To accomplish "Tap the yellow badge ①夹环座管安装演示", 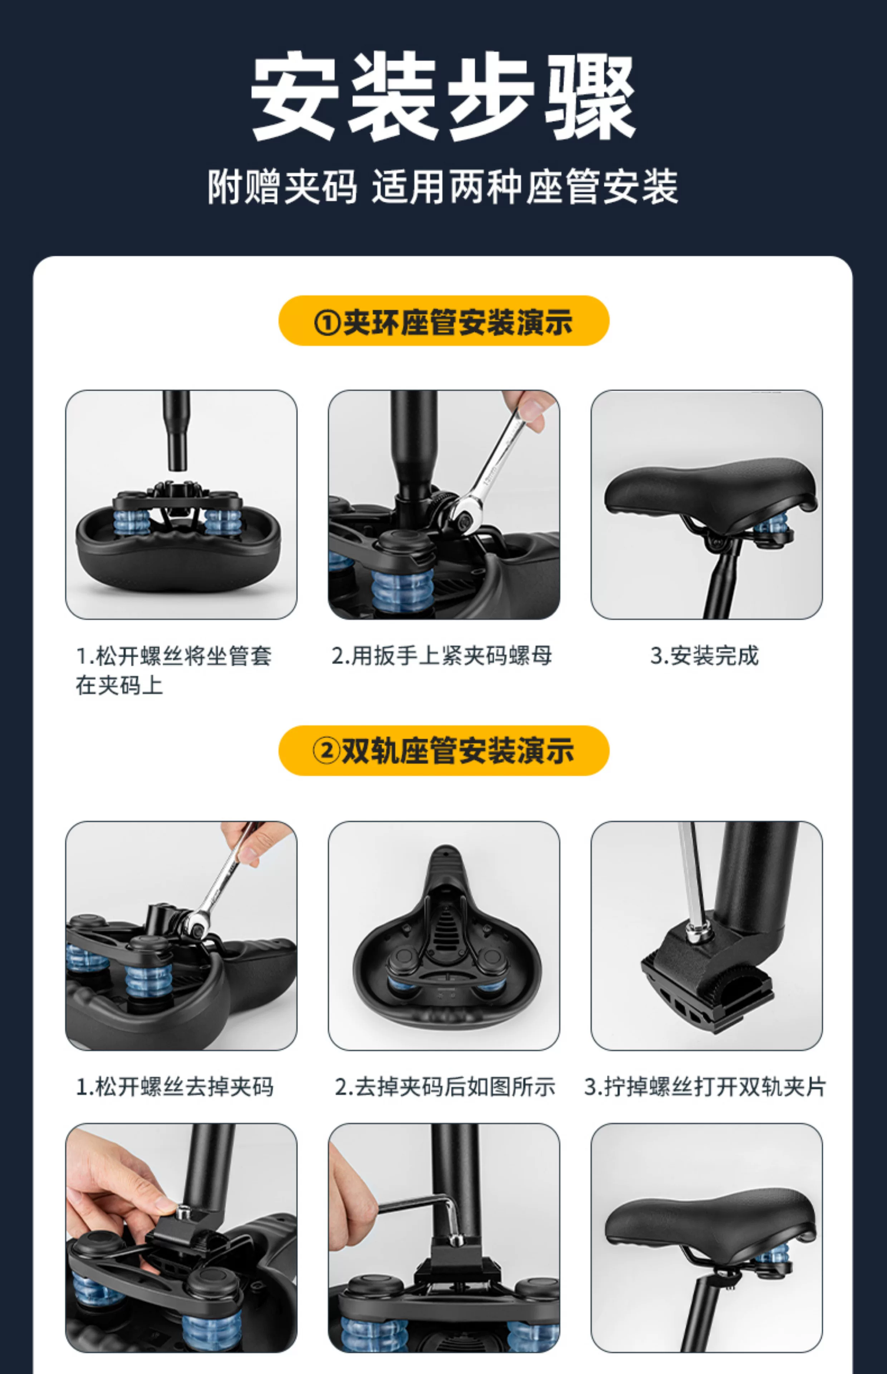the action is [x=443, y=321].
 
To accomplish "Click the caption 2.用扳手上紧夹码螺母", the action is [x=442, y=656].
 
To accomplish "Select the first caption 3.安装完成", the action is [x=705, y=656].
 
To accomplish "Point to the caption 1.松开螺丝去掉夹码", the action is [x=175, y=1087].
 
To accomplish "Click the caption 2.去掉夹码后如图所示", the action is [x=445, y=1087].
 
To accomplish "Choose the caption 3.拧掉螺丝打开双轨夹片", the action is [x=705, y=1087].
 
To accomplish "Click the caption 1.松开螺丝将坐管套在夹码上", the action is [x=173, y=671].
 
